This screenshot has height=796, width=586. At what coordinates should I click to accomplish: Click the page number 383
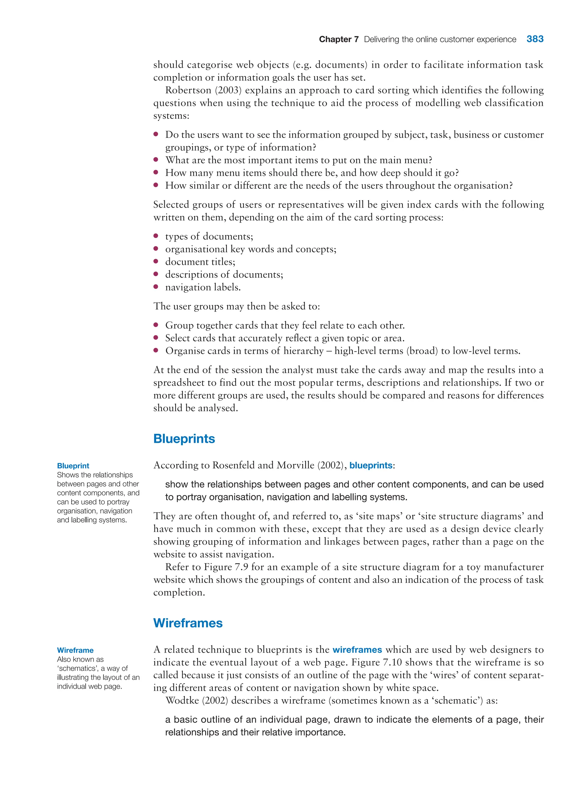(534, 39)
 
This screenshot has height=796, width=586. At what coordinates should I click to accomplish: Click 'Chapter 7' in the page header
(338, 39)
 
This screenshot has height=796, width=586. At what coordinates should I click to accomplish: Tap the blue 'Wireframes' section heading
(188, 623)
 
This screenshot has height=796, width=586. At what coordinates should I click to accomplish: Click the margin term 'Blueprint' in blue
(73, 466)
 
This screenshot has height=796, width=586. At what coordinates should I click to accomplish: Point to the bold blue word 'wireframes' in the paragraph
(357, 650)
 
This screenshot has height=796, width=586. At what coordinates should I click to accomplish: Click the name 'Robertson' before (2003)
(188, 90)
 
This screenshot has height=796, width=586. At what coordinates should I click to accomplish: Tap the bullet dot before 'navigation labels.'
(156, 287)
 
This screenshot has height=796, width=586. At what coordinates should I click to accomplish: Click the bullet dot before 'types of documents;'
(156, 236)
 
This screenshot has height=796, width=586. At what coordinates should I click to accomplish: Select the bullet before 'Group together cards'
(156, 325)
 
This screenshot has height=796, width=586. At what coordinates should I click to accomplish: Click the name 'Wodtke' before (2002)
(182, 701)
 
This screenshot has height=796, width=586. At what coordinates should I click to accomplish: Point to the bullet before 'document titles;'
(156, 261)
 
